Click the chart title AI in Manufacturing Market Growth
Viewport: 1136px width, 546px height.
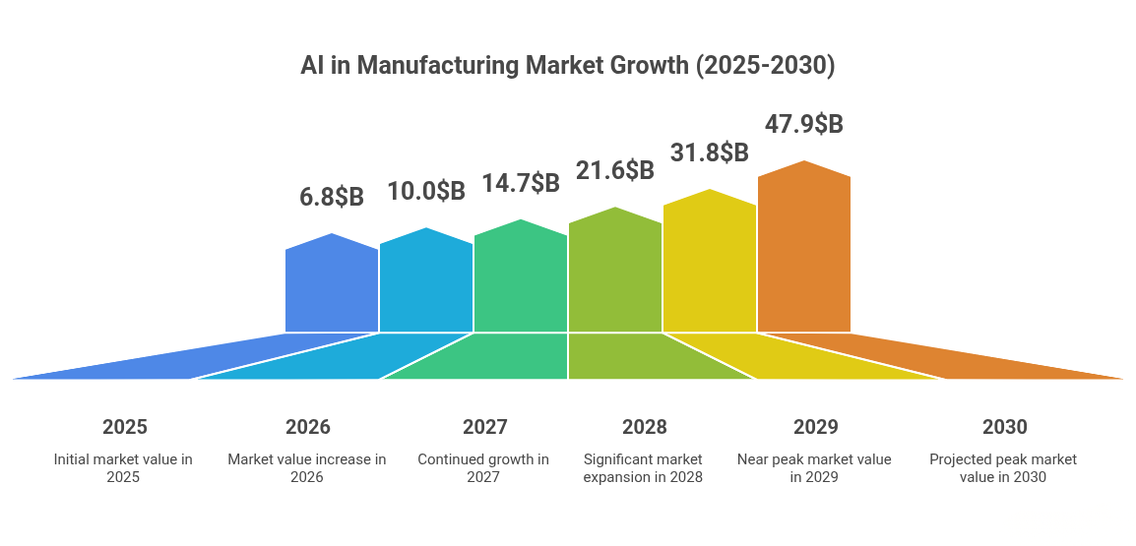[567, 66]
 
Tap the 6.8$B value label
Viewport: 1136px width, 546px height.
[332, 197]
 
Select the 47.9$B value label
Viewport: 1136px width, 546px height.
[804, 125]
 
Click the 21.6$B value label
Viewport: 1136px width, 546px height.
[615, 170]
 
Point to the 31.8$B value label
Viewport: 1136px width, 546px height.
[710, 153]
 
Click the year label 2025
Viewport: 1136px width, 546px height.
[125, 427]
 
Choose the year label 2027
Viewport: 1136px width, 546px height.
[485, 427]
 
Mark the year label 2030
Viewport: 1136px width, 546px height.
[1004, 427]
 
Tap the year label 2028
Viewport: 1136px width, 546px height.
[644, 427]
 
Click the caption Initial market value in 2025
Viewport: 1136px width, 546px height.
[123, 468]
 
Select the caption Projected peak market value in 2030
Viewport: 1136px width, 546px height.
[1003, 468]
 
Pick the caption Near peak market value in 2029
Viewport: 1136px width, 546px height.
[814, 468]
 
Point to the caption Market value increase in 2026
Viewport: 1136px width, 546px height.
[307, 468]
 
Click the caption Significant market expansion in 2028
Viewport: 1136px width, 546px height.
[643, 468]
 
